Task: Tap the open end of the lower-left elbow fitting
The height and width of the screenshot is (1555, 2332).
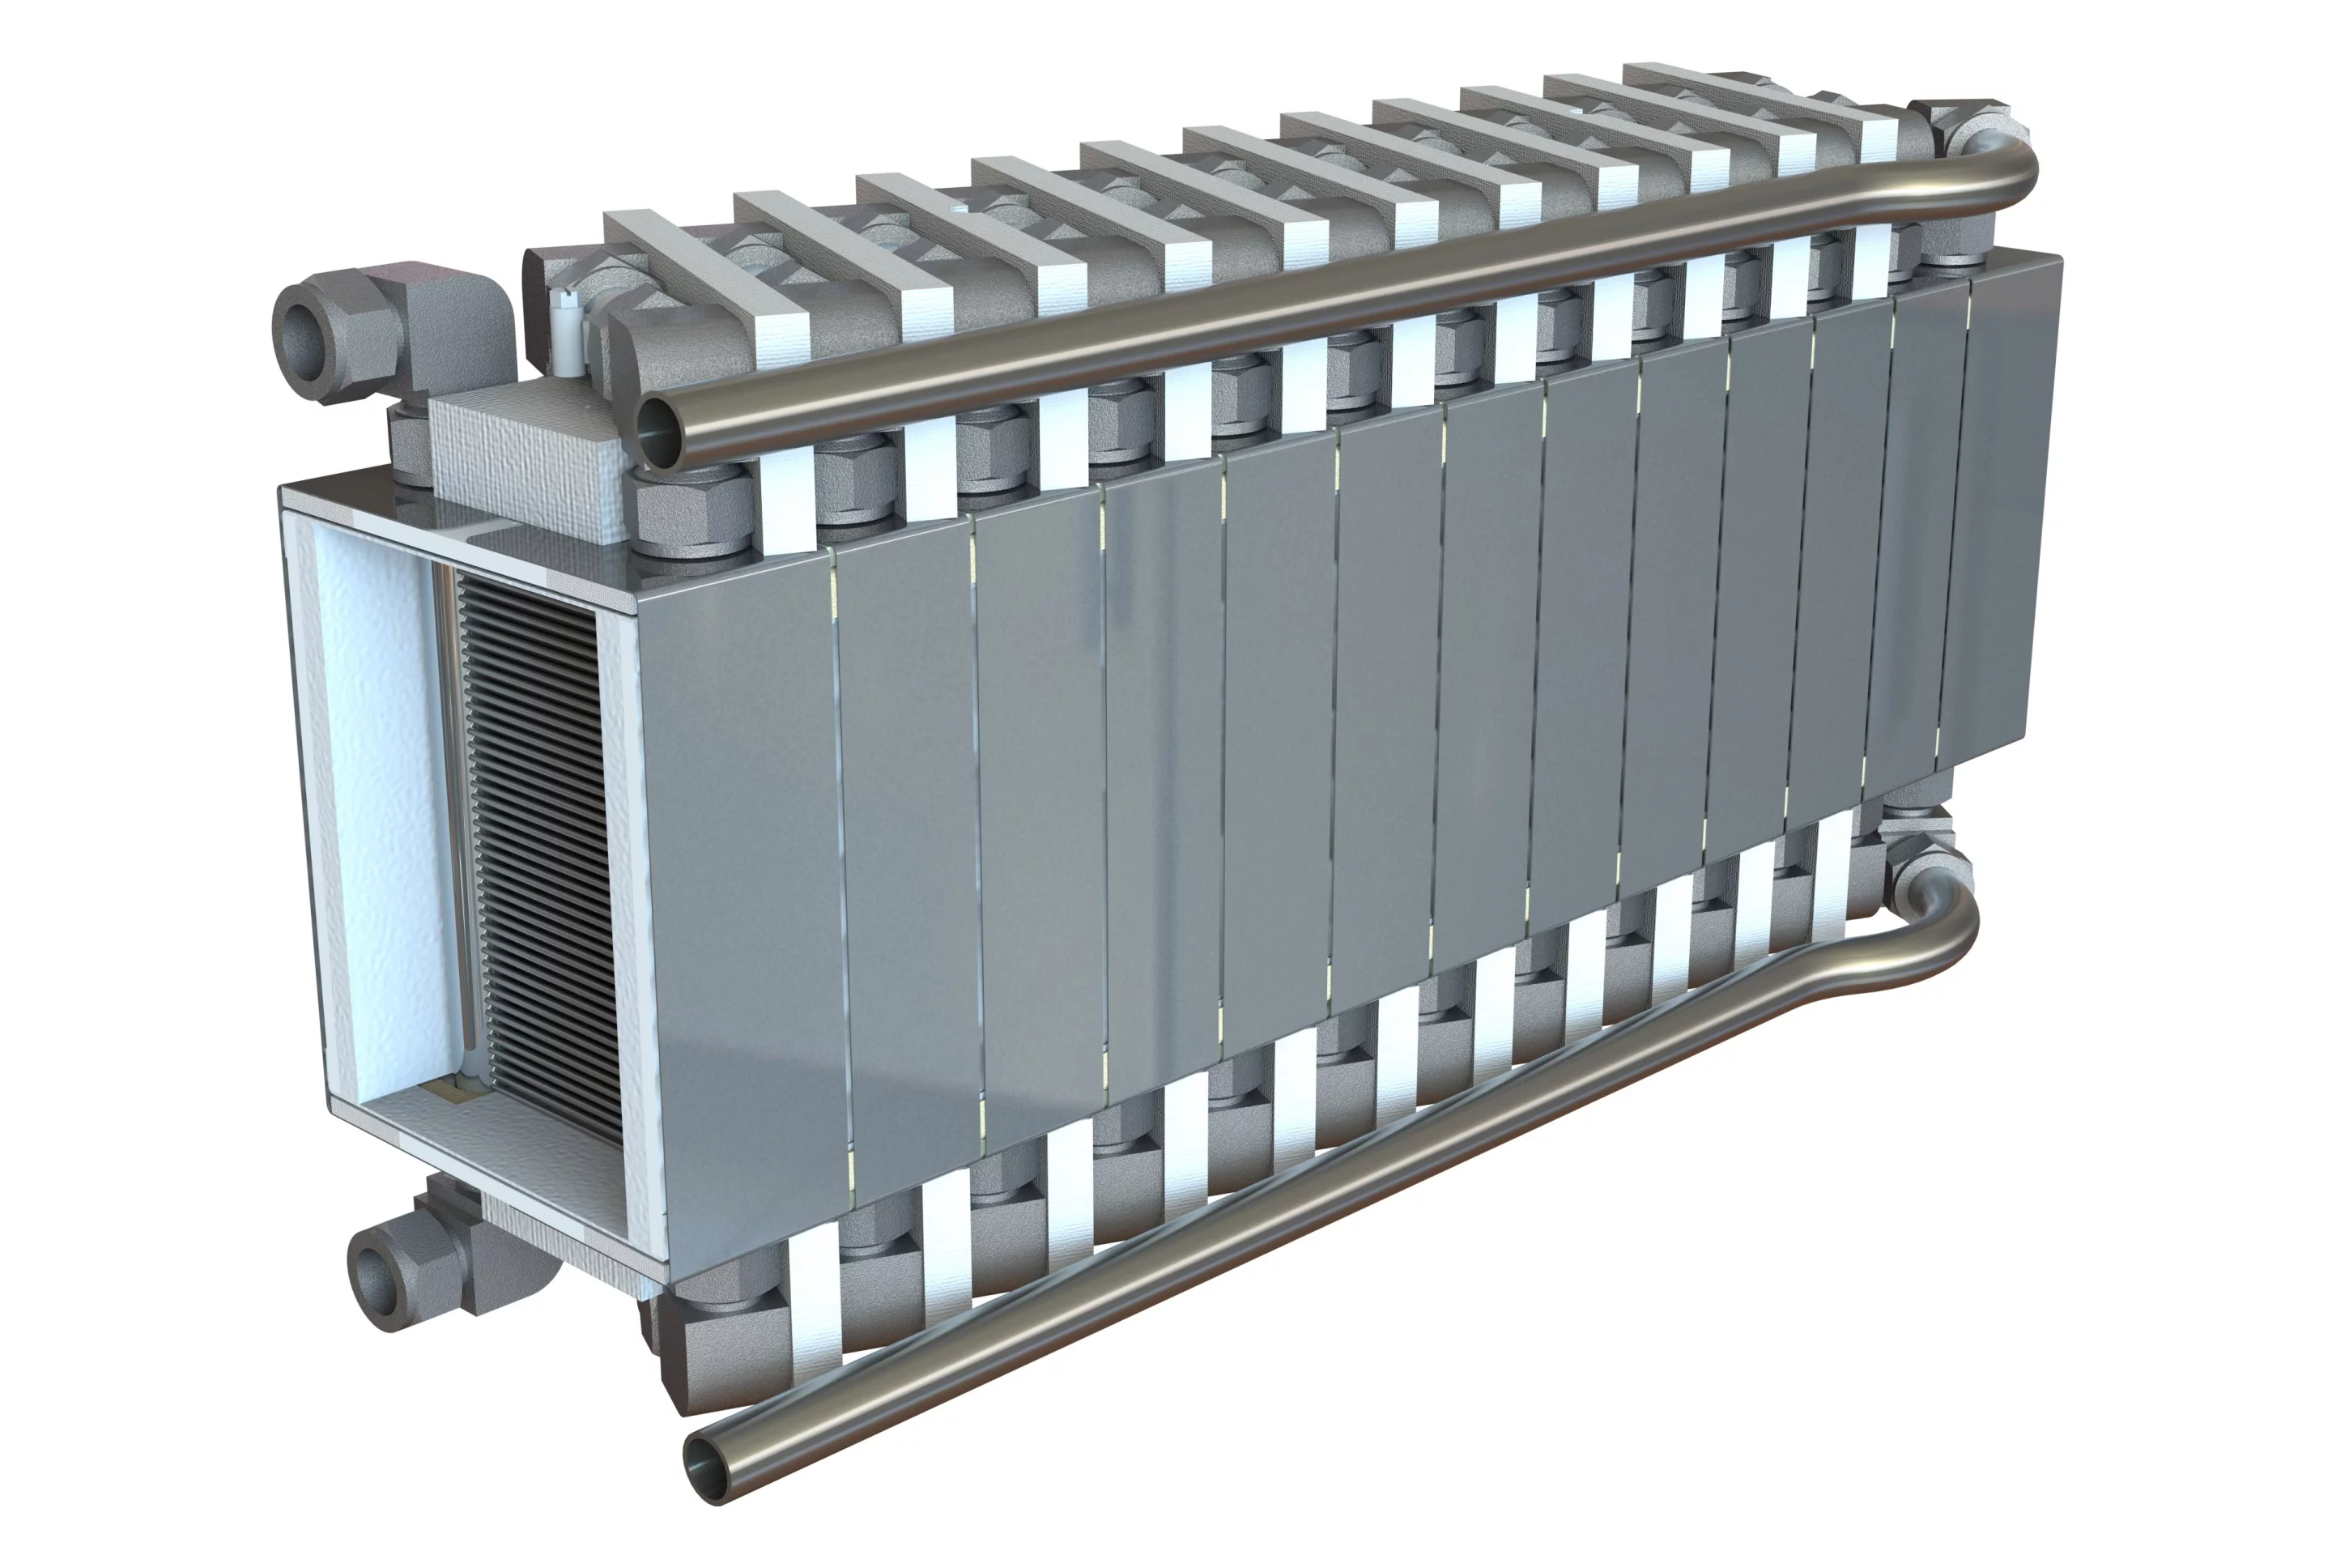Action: click(x=377, y=1281)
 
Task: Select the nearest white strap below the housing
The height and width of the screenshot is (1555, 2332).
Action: click(x=813, y=1289)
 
